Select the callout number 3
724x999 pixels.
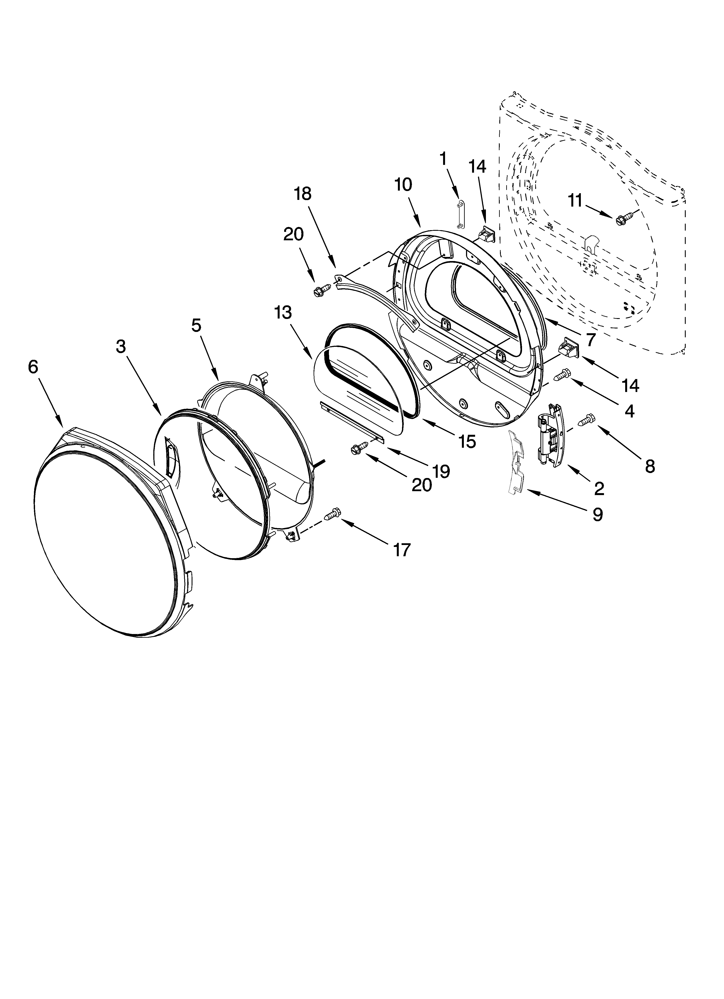coord(121,347)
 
